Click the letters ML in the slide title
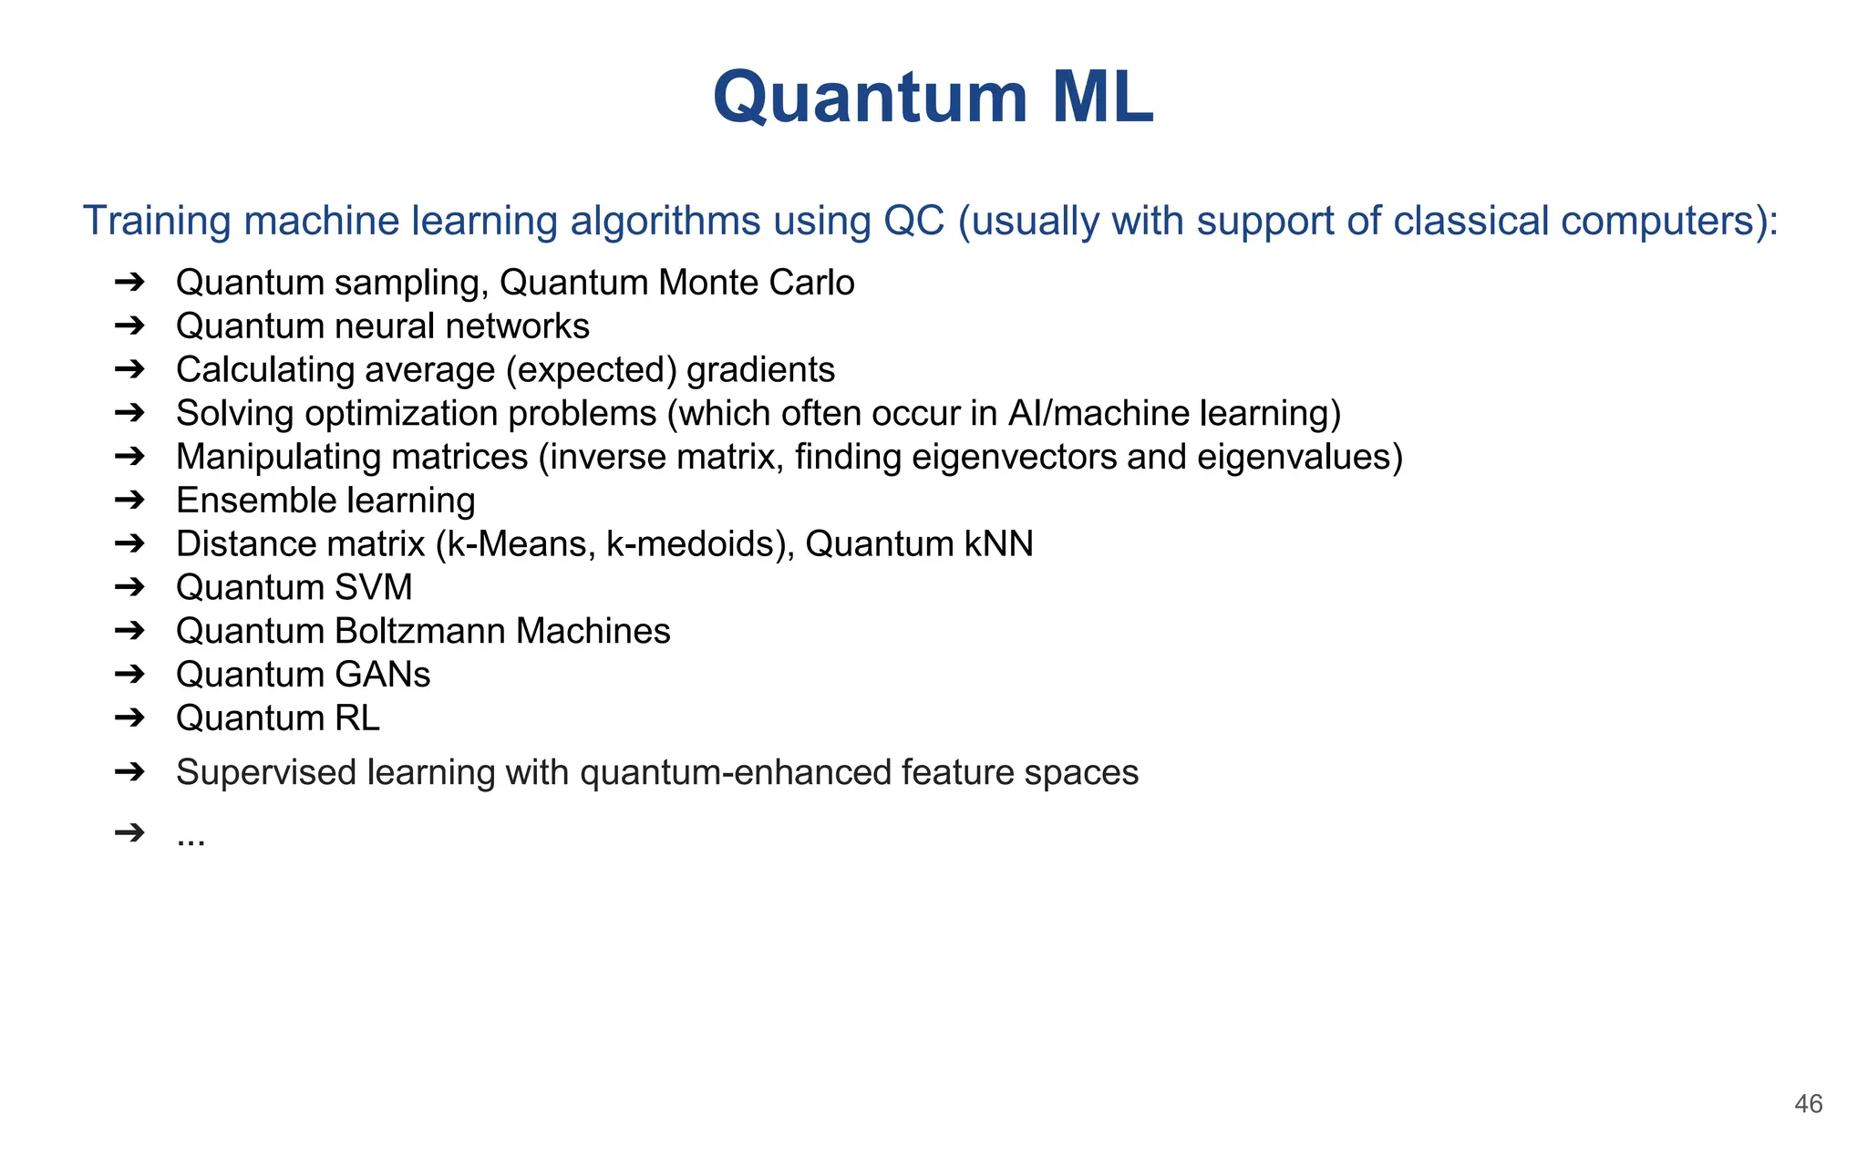pos(1102,98)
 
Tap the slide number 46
pos(1808,1104)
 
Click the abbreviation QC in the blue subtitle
pos(913,222)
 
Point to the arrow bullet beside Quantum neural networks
pos(130,325)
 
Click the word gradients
pos(760,370)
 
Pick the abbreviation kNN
pos(998,544)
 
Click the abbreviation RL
pos(356,718)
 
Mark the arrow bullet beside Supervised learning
pos(130,772)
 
